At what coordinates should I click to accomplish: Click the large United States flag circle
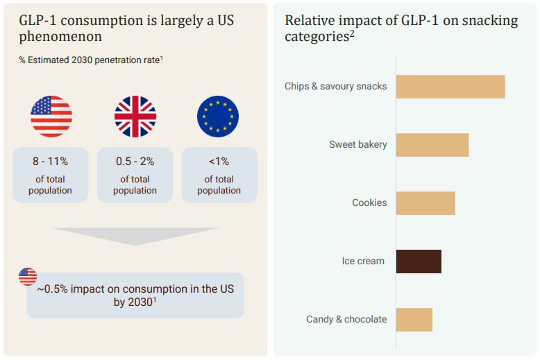tap(51, 117)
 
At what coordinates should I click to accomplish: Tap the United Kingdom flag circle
tap(135, 117)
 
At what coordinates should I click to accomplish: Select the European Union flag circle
tap(218, 117)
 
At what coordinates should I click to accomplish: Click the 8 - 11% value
tap(50, 162)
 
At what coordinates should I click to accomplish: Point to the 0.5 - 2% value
tap(135, 162)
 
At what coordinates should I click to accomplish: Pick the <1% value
tap(219, 162)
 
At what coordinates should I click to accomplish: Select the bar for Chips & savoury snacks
tap(450, 87)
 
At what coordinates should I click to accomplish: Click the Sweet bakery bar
tap(432, 145)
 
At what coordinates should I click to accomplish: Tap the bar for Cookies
tap(425, 203)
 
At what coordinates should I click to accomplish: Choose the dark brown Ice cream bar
tap(419, 262)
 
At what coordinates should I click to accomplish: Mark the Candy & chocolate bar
tap(414, 320)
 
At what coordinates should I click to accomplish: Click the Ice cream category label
tap(363, 262)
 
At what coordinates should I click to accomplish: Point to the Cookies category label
tap(369, 203)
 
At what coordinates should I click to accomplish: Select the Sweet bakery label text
tap(358, 145)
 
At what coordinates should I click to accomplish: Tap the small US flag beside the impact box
tap(28, 276)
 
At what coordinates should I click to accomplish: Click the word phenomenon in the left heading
tap(60, 37)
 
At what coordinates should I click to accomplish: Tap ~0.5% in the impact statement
tap(53, 289)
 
